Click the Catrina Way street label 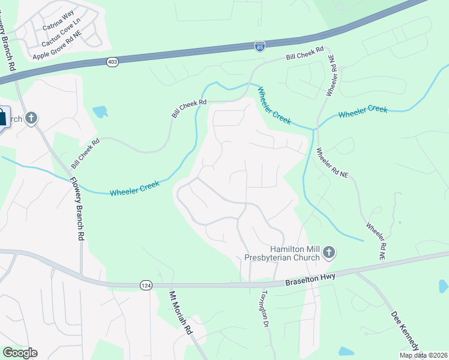(58, 28)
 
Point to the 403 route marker (112, 62)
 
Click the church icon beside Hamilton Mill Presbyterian (328, 253)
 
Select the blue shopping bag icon (2, 118)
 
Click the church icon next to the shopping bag (31, 118)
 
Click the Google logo (20, 353)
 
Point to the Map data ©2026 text (423, 355)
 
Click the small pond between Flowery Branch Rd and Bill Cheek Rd (100, 112)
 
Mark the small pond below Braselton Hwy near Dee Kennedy (346, 351)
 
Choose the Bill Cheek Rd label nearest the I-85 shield (305, 54)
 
